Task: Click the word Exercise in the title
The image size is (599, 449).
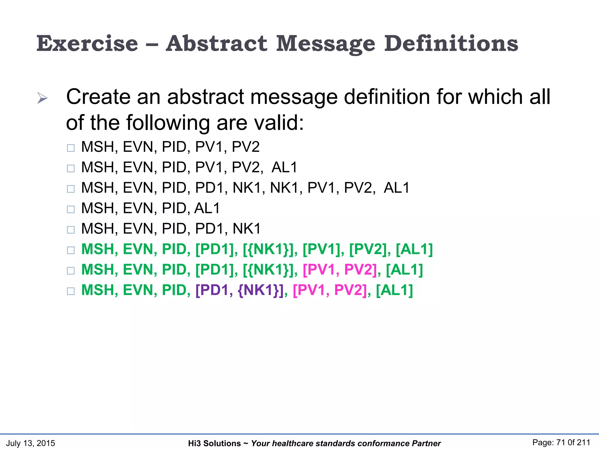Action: (x=87, y=44)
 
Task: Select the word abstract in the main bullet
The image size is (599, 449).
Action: (x=205, y=97)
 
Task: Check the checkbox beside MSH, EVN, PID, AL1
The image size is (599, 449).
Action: (x=71, y=209)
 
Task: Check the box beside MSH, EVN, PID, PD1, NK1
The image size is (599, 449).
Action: (x=71, y=230)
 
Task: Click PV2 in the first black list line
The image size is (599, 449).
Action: (x=246, y=147)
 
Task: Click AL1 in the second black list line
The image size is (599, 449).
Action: (x=284, y=167)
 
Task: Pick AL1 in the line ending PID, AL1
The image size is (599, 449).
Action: (x=207, y=208)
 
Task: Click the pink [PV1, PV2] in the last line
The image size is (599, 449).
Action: (x=330, y=290)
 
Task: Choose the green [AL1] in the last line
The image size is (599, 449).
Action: (x=394, y=290)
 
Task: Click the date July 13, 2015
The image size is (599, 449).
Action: (x=31, y=443)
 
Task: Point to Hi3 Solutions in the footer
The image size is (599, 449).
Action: (x=214, y=443)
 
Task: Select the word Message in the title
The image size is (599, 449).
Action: (x=326, y=44)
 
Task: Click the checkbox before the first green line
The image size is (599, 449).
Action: (x=71, y=250)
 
